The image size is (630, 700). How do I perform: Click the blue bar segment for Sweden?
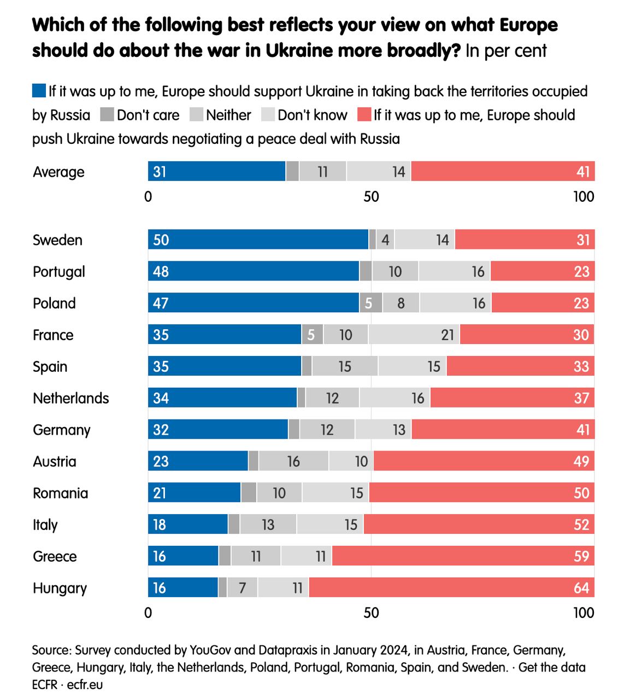[258, 240]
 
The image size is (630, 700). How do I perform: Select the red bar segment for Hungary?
[451, 588]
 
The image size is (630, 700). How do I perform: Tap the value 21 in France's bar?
[448, 335]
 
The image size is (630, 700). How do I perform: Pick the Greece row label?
[55, 556]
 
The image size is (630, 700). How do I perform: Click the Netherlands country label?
[71, 398]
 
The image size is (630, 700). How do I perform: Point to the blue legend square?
[39, 91]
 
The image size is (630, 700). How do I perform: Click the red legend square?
[364, 115]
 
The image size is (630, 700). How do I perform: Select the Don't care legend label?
[148, 115]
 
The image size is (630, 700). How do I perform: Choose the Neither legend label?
[228, 115]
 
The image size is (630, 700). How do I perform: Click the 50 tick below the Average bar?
[371, 197]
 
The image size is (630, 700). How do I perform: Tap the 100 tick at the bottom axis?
[584, 612]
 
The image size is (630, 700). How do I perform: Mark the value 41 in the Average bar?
[583, 172]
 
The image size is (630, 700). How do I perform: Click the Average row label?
[58, 172]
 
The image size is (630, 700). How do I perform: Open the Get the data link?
[552, 667]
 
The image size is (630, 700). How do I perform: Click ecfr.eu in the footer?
[85, 684]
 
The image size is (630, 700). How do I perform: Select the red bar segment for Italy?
[479, 524]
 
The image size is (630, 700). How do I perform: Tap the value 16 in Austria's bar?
[293, 462]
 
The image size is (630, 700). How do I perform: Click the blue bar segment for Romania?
[194, 493]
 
